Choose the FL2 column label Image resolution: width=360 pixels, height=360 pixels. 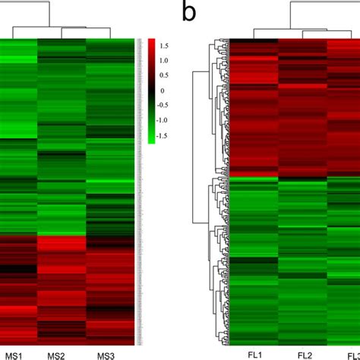(304, 354)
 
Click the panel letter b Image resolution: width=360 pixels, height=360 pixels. (187, 13)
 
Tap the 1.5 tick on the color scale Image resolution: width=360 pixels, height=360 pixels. (165, 46)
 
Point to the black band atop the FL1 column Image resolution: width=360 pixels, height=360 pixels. (253, 41)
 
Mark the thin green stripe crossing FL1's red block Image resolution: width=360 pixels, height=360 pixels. (253, 177)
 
